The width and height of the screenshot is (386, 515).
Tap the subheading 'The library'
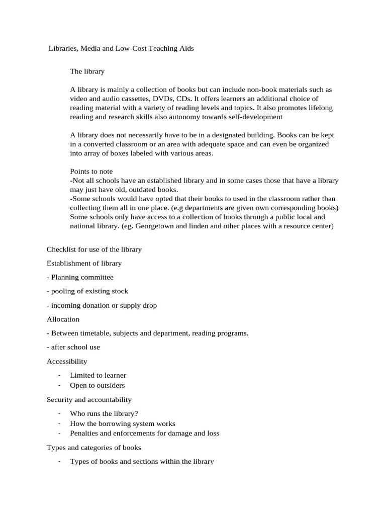coord(87,71)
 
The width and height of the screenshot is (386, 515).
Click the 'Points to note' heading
coord(91,171)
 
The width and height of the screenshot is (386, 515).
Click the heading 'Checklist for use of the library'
coord(94,249)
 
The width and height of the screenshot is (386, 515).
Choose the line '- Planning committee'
coord(80,277)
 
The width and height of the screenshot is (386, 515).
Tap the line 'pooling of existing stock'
coord(89,291)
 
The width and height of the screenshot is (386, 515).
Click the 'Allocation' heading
coord(63,319)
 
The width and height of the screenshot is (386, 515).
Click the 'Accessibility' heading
coord(67,361)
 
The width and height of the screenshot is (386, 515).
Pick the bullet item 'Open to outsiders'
coord(97,385)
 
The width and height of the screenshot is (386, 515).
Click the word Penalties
coord(84,433)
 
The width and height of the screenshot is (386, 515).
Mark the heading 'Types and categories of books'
coord(94,447)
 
